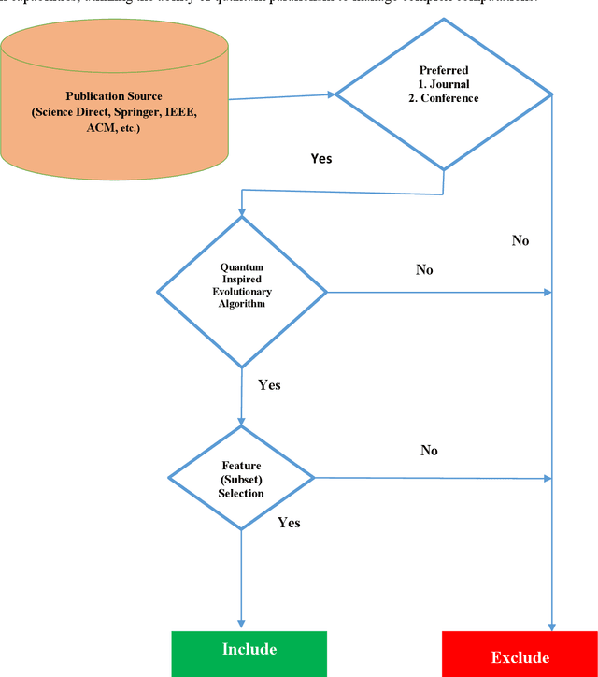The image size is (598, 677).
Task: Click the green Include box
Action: (249, 650)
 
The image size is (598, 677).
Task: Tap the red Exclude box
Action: (520, 656)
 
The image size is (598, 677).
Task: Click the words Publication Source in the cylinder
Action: (114, 96)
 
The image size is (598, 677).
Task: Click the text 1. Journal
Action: (443, 85)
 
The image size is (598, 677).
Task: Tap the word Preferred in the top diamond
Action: (444, 70)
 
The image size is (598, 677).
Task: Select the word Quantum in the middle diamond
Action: (241, 266)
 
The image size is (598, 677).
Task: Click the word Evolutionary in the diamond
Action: (241, 291)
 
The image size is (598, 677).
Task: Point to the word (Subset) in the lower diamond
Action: (241, 480)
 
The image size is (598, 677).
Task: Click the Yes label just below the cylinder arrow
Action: (320, 159)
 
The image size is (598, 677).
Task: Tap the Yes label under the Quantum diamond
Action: (269, 385)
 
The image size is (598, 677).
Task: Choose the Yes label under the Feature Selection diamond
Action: (289, 523)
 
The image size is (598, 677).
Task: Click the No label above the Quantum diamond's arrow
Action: (424, 270)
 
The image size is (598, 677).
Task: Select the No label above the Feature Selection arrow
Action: (429, 451)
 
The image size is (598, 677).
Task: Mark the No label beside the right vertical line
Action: (520, 241)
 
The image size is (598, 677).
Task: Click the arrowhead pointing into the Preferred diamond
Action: (330, 94)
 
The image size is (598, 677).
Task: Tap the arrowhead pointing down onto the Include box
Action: (241, 625)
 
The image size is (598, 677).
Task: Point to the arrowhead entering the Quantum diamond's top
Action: (241, 210)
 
